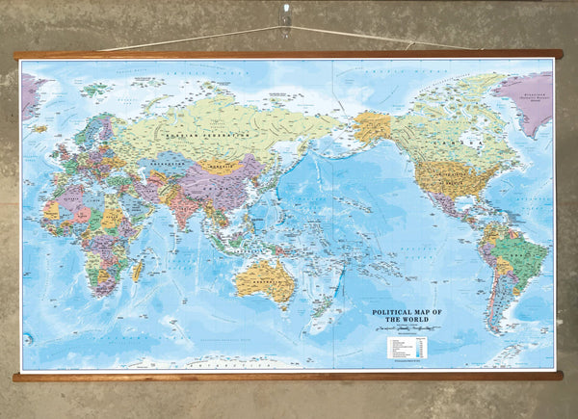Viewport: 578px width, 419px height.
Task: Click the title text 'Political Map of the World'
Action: click(x=413, y=317)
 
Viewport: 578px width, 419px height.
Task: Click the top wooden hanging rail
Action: click(x=289, y=55)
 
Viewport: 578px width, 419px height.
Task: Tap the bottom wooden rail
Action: click(x=289, y=376)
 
